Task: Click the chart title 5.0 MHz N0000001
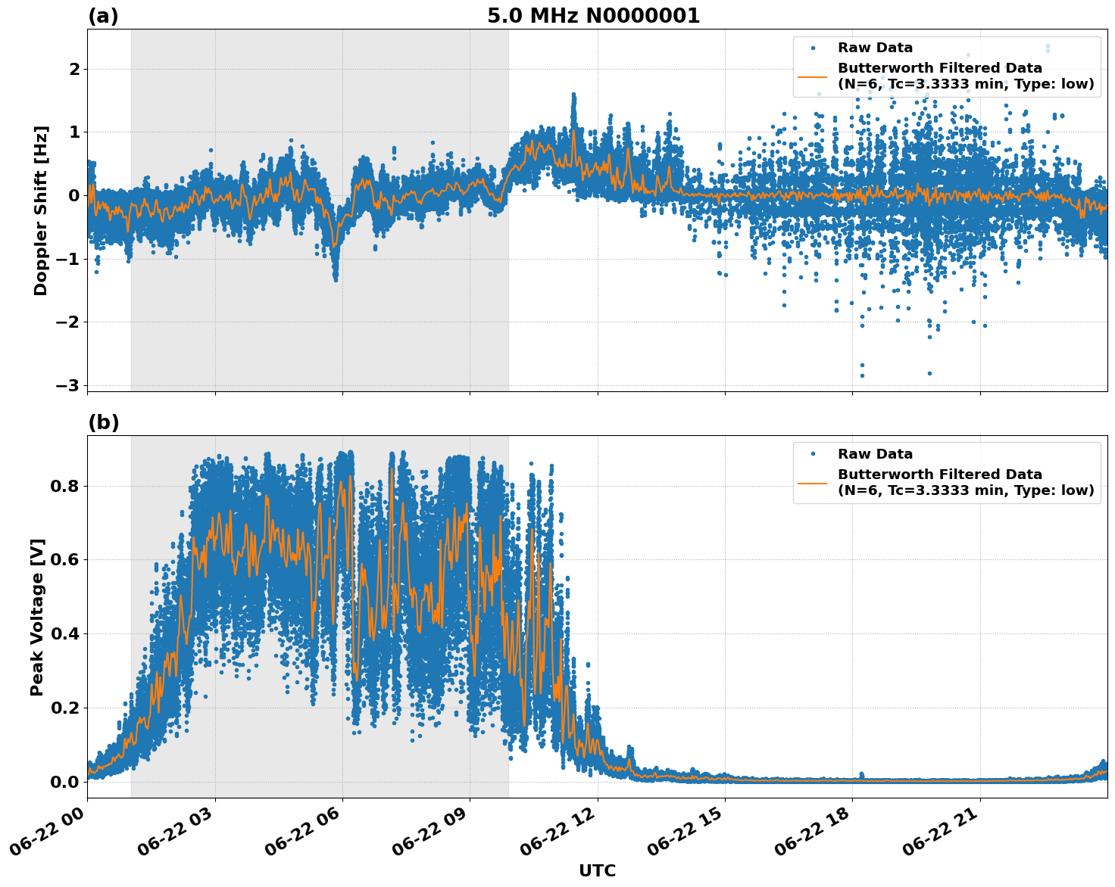(593, 16)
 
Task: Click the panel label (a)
(103, 16)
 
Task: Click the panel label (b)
(103, 422)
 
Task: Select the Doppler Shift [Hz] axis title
(41, 210)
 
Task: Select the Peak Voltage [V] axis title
(37, 617)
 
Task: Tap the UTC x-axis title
(597, 871)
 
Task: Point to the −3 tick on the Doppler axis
(67, 385)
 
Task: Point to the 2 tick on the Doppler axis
(74, 70)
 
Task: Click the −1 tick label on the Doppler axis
(67, 259)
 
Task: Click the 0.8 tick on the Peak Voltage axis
(64, 486)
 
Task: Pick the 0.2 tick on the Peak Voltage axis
(64, 708)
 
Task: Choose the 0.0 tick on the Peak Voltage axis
(64, 782)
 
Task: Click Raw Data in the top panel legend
(875, 48)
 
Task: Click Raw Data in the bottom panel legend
(875, 455)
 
